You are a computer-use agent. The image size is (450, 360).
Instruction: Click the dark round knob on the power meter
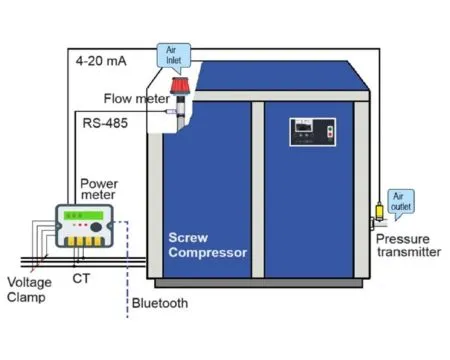95,227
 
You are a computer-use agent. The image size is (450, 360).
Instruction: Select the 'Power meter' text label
99,189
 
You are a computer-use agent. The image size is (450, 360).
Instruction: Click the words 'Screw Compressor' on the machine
207,245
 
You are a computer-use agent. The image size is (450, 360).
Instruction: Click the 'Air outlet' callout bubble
400,203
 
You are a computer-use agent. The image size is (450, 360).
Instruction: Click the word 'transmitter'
408,252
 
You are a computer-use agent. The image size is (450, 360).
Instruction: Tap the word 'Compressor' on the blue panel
207,252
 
